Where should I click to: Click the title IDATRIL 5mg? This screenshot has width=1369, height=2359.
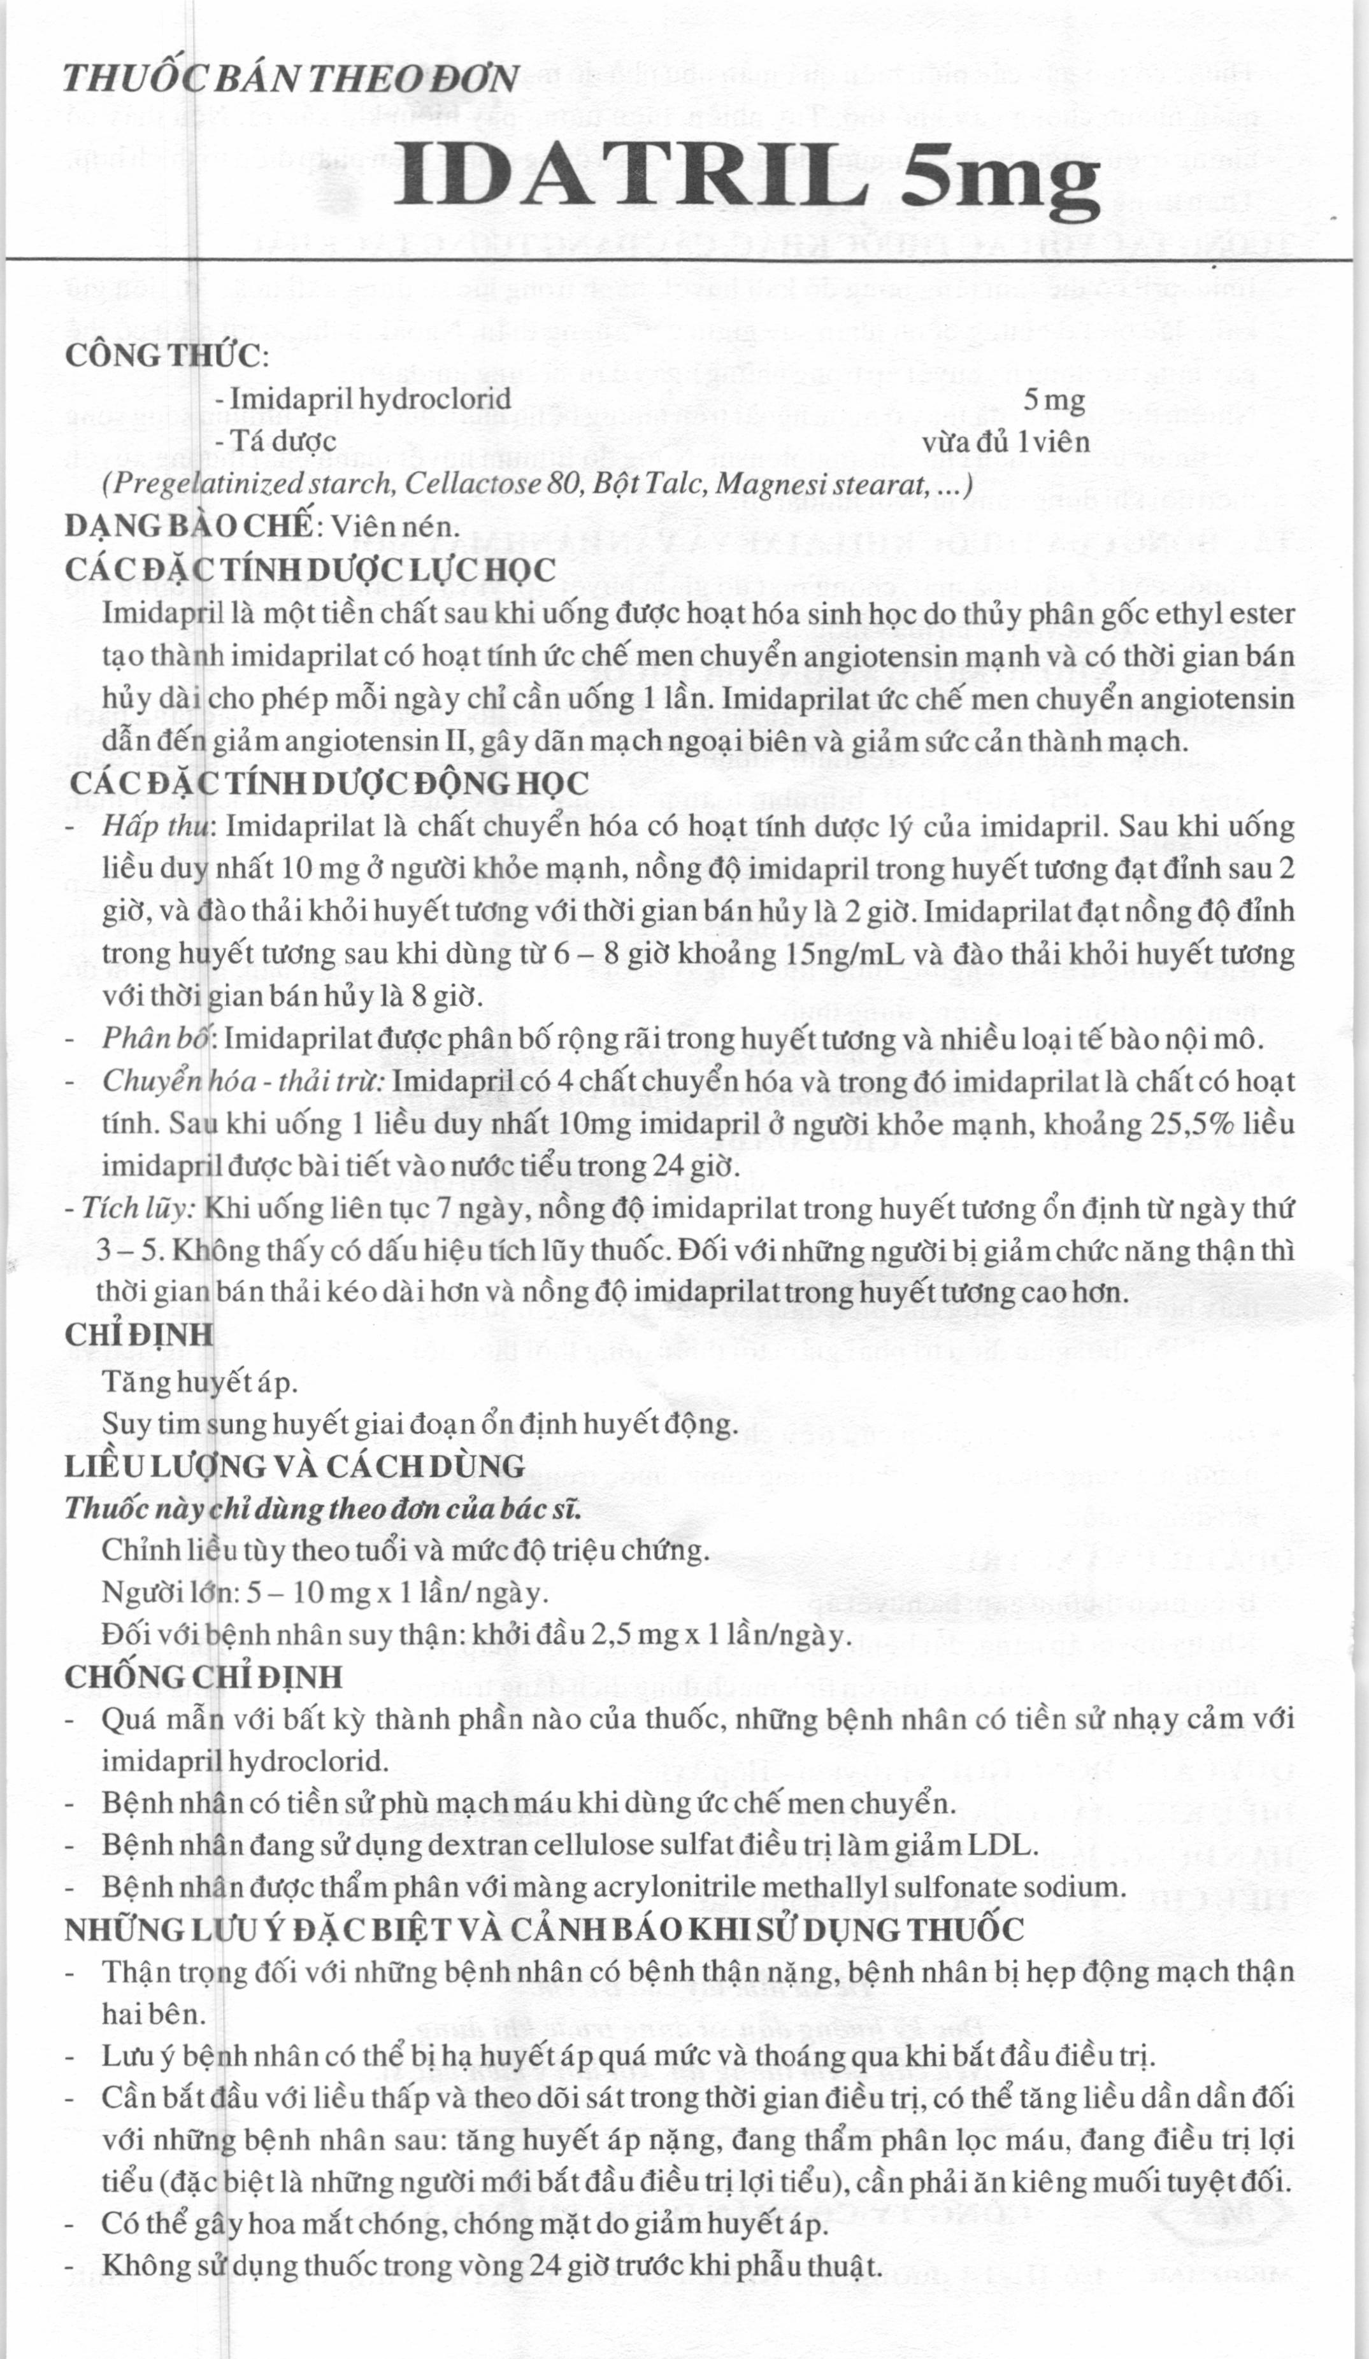[745, 178]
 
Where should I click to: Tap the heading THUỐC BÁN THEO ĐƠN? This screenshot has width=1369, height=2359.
[290, 78]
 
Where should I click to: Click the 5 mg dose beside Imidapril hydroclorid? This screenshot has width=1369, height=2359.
[1054, 400]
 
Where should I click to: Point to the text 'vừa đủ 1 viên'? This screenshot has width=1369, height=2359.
[1006, 442]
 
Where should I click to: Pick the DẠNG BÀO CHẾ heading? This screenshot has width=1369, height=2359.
[187, 525]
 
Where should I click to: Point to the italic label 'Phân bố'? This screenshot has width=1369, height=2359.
[158, 1039]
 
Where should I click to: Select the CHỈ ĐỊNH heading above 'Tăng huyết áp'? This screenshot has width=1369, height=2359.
[140, 1335]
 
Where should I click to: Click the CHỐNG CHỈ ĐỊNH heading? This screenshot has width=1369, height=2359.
[203, 1676]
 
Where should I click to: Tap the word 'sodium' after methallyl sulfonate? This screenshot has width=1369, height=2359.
[1070, 1887]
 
